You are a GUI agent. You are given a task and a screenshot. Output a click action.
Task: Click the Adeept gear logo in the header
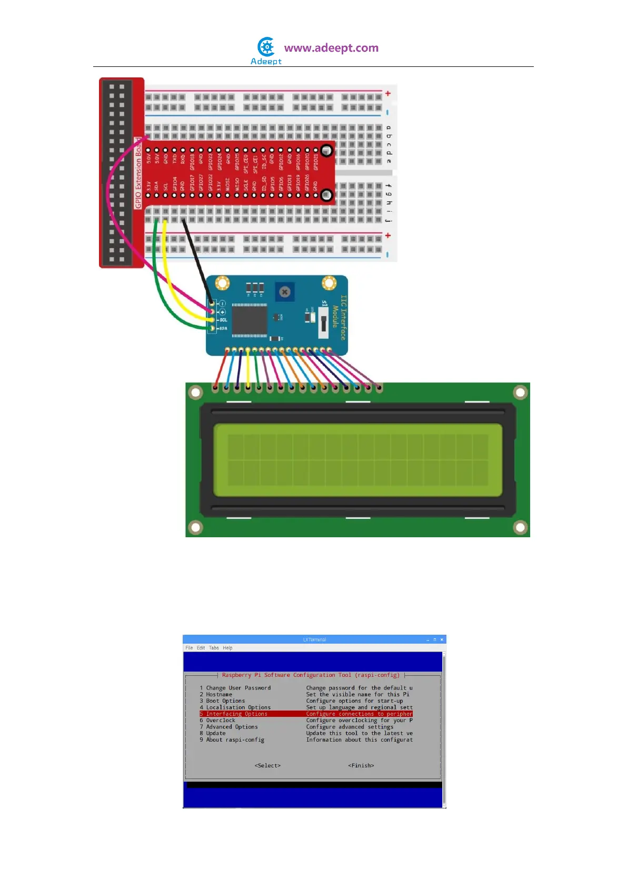pos(267,47)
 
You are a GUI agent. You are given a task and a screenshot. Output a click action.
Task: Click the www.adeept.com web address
pos(331,48)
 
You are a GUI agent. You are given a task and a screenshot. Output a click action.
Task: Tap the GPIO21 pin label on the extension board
pos(316,162)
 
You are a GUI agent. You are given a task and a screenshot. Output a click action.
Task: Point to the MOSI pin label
pos(228,184)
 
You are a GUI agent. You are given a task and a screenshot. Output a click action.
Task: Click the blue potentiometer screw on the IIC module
pos(285,291)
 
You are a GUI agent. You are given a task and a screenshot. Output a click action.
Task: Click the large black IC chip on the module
pos(250,319)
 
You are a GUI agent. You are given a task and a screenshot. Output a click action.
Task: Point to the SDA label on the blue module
pos(223,329)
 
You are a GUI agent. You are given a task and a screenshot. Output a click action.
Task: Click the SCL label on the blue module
pos(223,320)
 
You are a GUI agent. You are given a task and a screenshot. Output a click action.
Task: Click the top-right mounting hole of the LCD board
pos(520,392)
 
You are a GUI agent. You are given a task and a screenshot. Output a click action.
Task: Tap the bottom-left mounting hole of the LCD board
pos(196,527)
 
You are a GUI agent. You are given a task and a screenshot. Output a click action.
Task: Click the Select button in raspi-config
pos(267,765)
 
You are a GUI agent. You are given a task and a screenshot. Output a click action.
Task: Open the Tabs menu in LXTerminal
pos(214,648)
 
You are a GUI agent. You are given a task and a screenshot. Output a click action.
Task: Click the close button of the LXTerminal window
pos(442,639)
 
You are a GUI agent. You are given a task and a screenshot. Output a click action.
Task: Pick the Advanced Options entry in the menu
pos(232,727)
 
